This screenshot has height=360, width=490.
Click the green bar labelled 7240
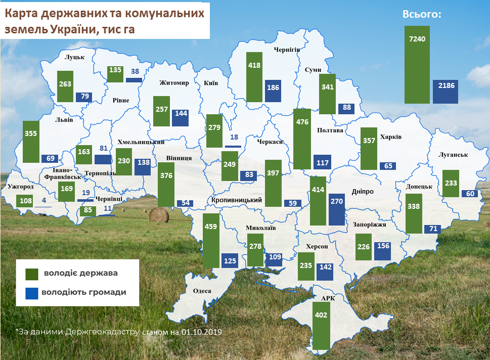coord(417,64)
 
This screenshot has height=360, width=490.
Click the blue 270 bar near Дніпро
coord(336,209)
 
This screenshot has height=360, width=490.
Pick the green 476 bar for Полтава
coord(302,139)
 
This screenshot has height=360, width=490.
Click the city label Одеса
coord(202,291)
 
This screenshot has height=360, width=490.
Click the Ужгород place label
coord(21,187)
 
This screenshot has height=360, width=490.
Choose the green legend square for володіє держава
coord(32,274)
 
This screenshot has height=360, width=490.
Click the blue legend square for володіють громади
coord(32,292)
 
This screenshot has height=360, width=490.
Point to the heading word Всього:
coord(422,15)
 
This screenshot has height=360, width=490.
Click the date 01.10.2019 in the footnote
coord(202,332)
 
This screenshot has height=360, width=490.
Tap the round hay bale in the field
coord(158,215)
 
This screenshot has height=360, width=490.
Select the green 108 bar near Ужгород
coord(25,200)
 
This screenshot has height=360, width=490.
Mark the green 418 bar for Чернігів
coord(254,77)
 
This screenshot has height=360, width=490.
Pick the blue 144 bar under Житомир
coord(180,118)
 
